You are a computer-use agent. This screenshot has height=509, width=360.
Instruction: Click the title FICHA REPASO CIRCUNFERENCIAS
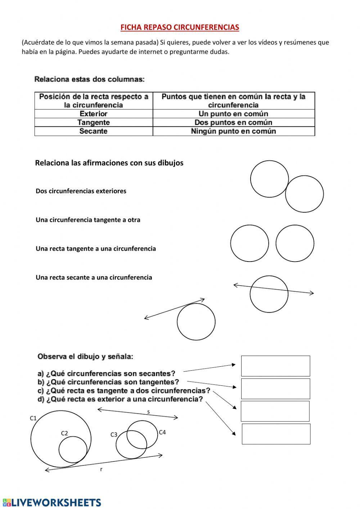179,27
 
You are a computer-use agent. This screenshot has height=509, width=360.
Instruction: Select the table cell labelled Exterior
93,114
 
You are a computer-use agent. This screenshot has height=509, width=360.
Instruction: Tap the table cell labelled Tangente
93,122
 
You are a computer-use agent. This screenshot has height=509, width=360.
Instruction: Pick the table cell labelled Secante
93,131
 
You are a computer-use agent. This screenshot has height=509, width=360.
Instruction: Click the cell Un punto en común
233,114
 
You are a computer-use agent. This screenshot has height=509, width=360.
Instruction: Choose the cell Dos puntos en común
233,122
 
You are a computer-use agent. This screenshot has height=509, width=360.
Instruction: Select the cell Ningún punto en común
233,131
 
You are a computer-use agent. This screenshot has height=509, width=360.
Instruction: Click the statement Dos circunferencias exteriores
81,191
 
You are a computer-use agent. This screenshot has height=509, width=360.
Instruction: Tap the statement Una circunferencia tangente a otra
88,220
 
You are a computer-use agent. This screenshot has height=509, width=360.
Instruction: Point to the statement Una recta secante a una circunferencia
94,277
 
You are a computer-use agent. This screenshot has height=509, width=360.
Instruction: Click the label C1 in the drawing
33,418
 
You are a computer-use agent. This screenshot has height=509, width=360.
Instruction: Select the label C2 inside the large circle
64,433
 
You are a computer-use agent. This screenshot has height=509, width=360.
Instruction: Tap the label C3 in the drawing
114,434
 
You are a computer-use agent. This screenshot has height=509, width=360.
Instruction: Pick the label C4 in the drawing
162,432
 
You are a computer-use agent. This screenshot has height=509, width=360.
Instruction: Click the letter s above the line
148,412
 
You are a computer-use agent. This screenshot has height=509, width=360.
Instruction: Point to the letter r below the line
101,469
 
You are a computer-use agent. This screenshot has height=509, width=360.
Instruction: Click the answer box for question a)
275,366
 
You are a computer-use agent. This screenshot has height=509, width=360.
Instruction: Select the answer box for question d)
276,434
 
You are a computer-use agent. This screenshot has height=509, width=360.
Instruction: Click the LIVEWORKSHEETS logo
51,503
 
